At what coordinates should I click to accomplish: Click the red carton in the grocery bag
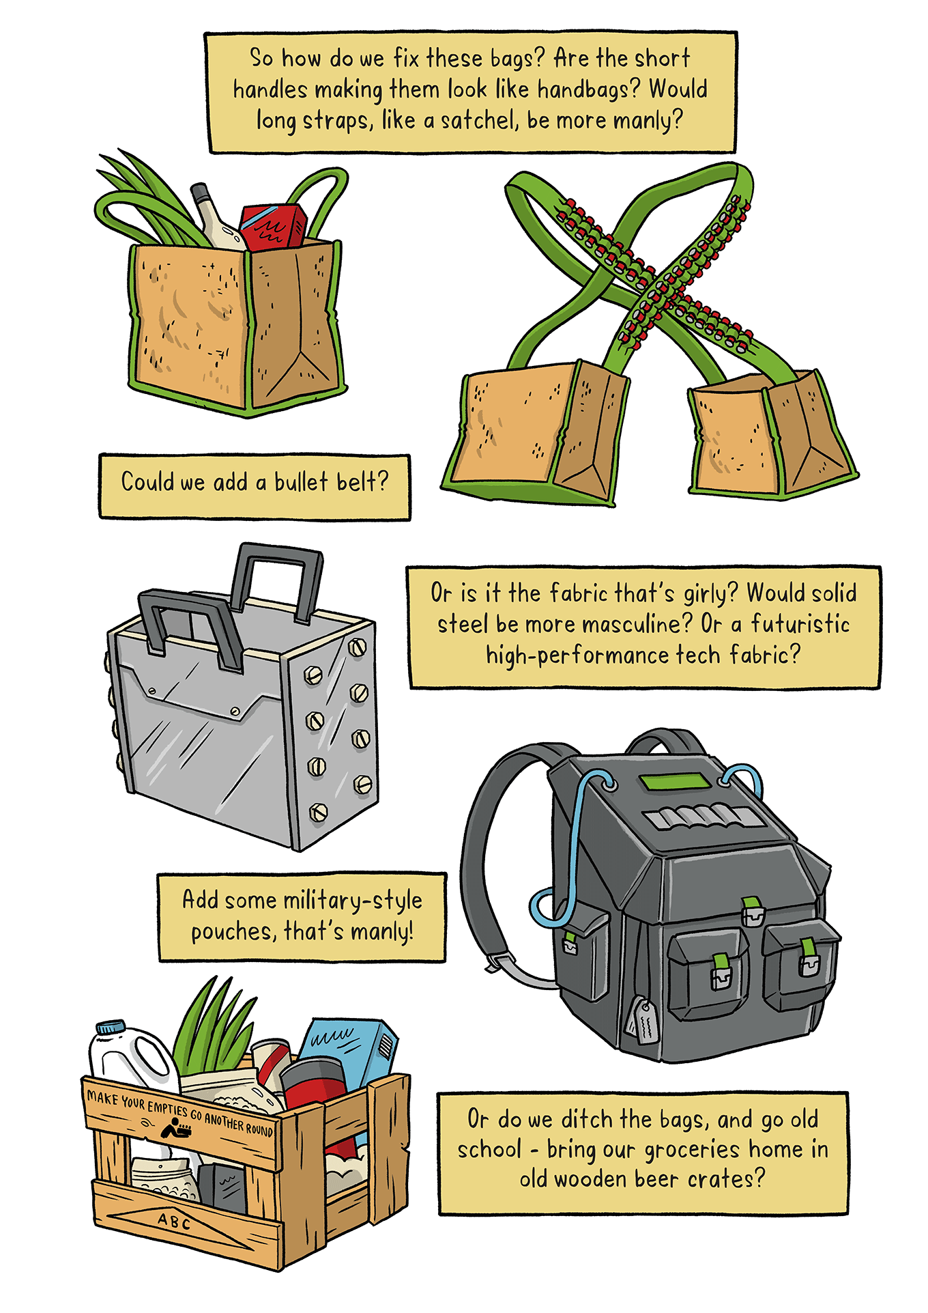pyautogui.click(x=272, y=226)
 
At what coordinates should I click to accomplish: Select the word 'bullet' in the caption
pyautogui.click(x=301, y=481)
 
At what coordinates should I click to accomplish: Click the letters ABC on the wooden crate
pyautogui.click(x=174, y=1221)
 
